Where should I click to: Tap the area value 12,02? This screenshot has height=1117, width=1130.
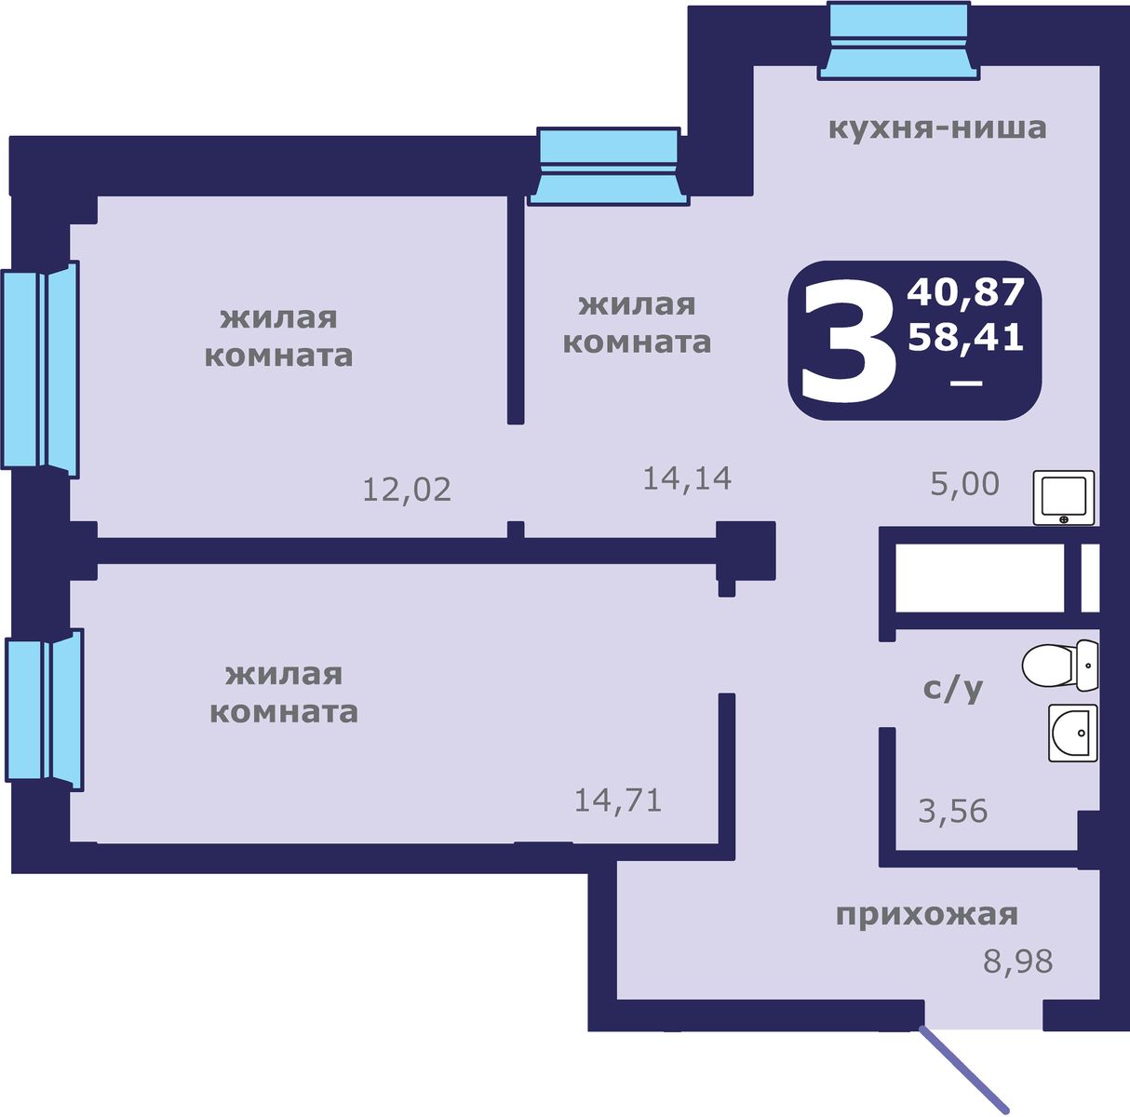pyautogui.click(x=407, y=490)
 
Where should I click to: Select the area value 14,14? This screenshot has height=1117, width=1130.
pyautogui.click(x=687, y=478)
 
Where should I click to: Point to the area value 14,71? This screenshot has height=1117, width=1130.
pyautogui.click(x=618, y=800)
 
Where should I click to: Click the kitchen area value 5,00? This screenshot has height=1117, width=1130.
pyautogui.click(x=964, y=484)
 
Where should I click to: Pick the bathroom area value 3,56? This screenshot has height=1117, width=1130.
pyautogui.click(x=953, y=812)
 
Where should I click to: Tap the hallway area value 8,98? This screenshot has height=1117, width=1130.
pyautogui.click(x=1018, y=962)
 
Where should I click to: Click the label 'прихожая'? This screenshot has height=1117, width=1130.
pyautogui.click(x=926, y=915)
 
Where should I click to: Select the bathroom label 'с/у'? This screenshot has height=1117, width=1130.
pyautogui.click(x=953, y=690)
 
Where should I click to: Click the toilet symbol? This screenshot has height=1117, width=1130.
pyautogui.click(x=1059, y=666)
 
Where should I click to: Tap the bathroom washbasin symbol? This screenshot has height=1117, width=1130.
pyautogui.click(x=1072, y=733)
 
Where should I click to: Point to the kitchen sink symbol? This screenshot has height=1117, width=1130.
pyautogui.click(x=1064, y=497)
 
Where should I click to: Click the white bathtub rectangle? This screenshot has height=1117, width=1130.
pyautogui.click(x=978, y=578)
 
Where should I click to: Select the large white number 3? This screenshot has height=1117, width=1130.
pyautogui.click(x=849, y=343)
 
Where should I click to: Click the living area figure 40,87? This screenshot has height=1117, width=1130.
pyautogui.click(x=965, y=292)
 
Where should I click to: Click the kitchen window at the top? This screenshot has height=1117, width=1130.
pyautogui.click(x=898, y=40)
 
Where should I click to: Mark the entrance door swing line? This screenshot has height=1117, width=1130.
pyautogui.click(x=964, y=1070)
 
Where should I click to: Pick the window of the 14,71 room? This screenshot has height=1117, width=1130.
pyautogui.click(x=45, y=710)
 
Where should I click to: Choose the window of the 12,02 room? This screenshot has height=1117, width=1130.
pyautogui.click(x=40, y=370)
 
